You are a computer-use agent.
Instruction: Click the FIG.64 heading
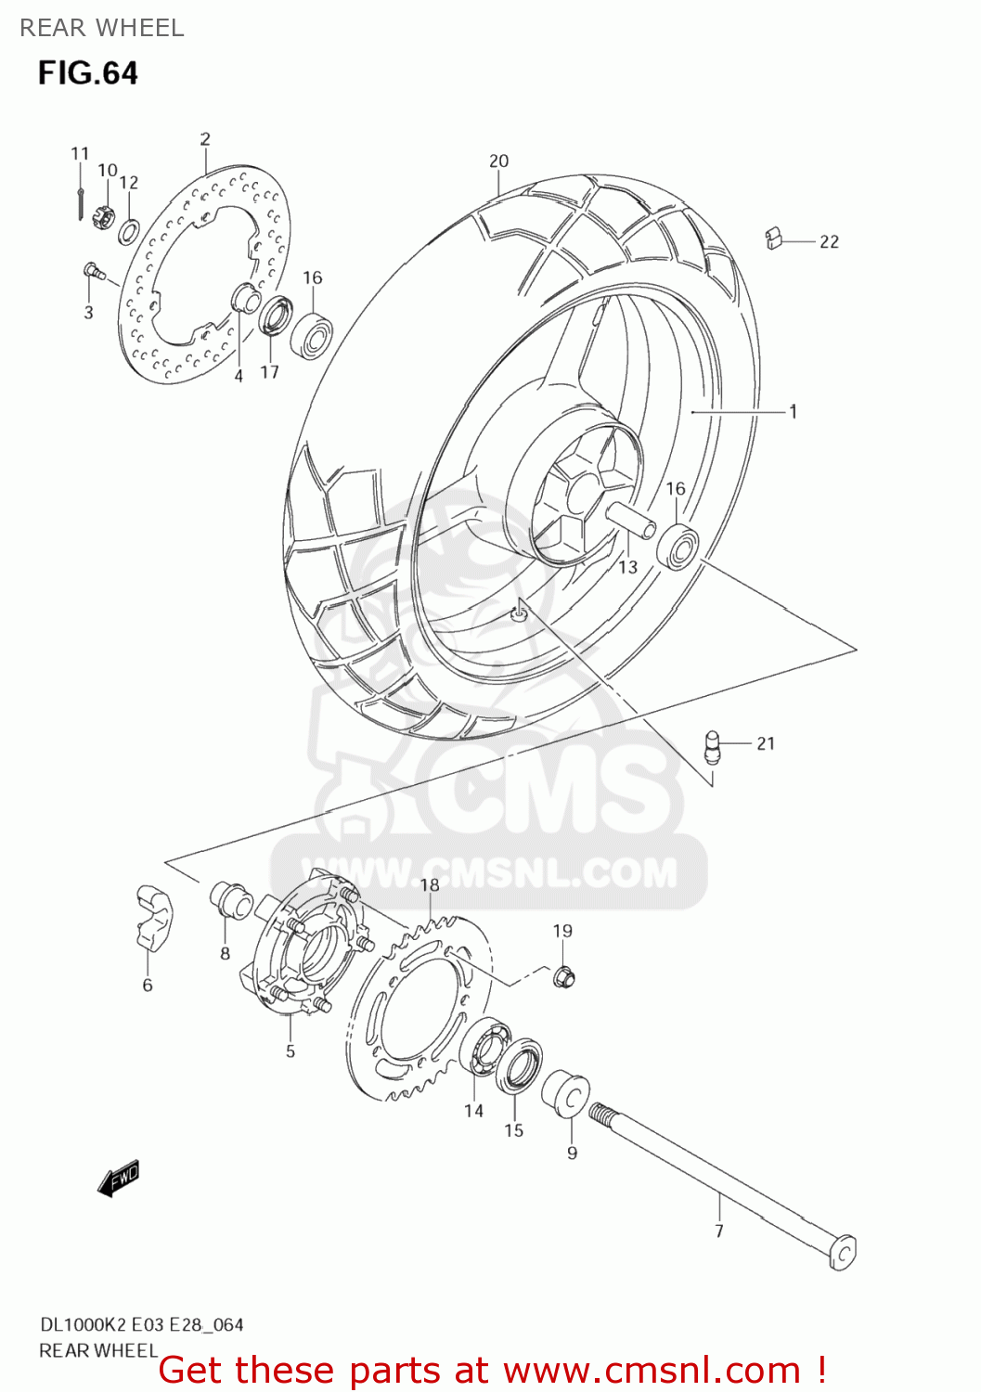pyautogui.click(x=88, y=73)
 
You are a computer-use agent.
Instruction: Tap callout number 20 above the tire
pyautogui.click(x=499, y=161)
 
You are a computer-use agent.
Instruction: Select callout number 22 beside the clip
pyautogui.click(x=829, y=241)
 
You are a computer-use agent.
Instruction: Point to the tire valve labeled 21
pyautogui.click(x=713, y=745)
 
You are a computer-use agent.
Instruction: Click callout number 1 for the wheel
pyautogui.click(x=794, y=410)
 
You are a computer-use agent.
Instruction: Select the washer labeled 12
pyautogui.click(x=129, y=230)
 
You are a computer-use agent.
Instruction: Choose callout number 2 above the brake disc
pyautogui.click(x=205, y=138)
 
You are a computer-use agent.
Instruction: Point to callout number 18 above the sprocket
pyautogui.click(x=430, y=884)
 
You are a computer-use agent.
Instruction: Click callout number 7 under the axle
pyautogui.click(x=719, y=1231)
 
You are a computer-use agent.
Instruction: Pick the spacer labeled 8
pyautogui.click(x=231, y=899)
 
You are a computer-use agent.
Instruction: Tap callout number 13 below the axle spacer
pyautogui.click(x=628, y=566)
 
